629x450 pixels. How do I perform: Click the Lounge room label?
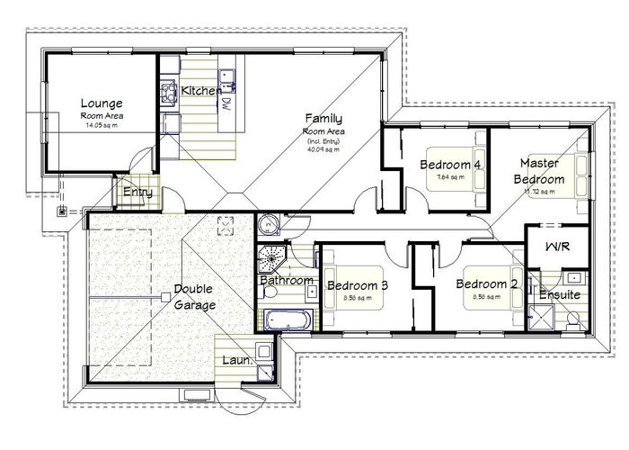101,103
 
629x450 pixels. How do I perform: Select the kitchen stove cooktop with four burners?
168,89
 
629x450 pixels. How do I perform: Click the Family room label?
323,119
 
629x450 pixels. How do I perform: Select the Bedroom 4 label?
451,164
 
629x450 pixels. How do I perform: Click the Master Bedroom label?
540,171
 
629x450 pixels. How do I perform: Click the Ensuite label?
560,294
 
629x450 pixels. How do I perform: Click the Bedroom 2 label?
487,285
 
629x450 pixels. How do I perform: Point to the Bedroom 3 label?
358,285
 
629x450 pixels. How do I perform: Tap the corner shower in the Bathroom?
270,257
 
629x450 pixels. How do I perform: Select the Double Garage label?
194,298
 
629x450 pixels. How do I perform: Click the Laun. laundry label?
235,360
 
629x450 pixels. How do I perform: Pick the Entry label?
137,193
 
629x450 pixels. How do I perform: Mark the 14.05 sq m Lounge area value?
101,126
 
